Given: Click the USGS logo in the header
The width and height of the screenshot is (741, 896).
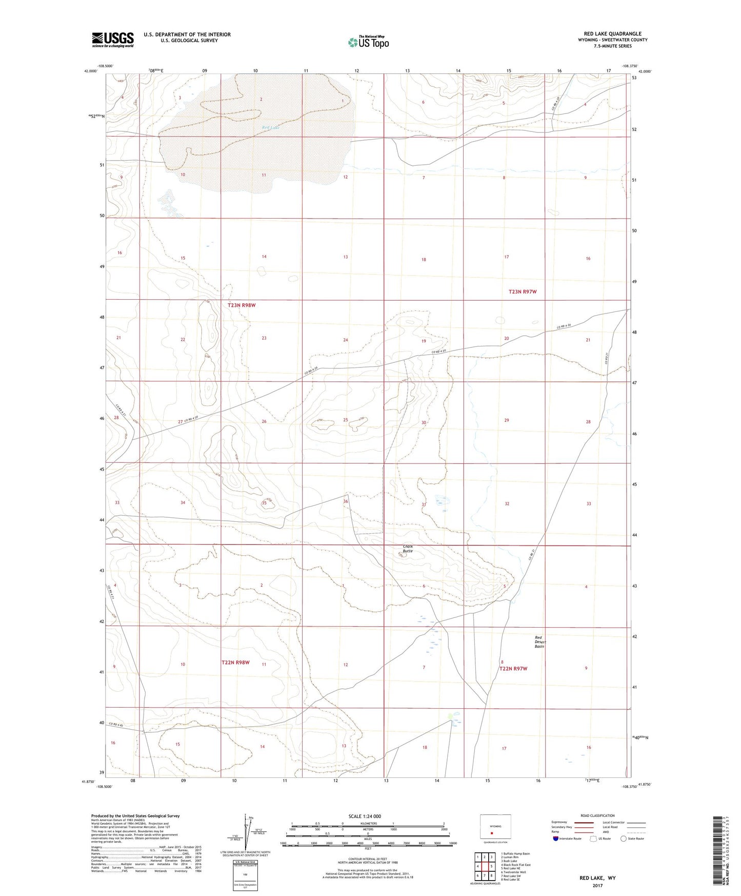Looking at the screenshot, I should (113, 40).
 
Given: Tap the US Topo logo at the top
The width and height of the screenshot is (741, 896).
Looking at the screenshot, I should (368, 42).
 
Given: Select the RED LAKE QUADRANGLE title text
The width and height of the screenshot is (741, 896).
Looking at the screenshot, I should (612, 34).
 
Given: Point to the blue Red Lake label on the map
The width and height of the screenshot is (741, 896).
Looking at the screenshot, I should (270, 127).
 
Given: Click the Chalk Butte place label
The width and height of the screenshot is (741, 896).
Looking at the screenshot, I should (408, 549).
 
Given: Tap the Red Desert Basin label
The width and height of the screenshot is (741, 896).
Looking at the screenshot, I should (539, 641).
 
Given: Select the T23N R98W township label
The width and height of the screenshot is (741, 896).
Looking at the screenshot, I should (242, 305).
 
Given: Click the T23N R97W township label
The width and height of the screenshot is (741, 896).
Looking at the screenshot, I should (523, 291).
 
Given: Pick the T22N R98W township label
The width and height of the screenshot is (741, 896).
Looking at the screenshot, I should (235, 663).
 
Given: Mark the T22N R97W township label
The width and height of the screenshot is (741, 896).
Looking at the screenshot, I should (513, 669).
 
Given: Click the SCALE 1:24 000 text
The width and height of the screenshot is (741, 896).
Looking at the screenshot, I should (365, 816).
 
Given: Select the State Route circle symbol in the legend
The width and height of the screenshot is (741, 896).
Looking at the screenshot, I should (624, 839).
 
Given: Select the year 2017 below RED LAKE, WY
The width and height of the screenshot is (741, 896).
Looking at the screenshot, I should (597, 885).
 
